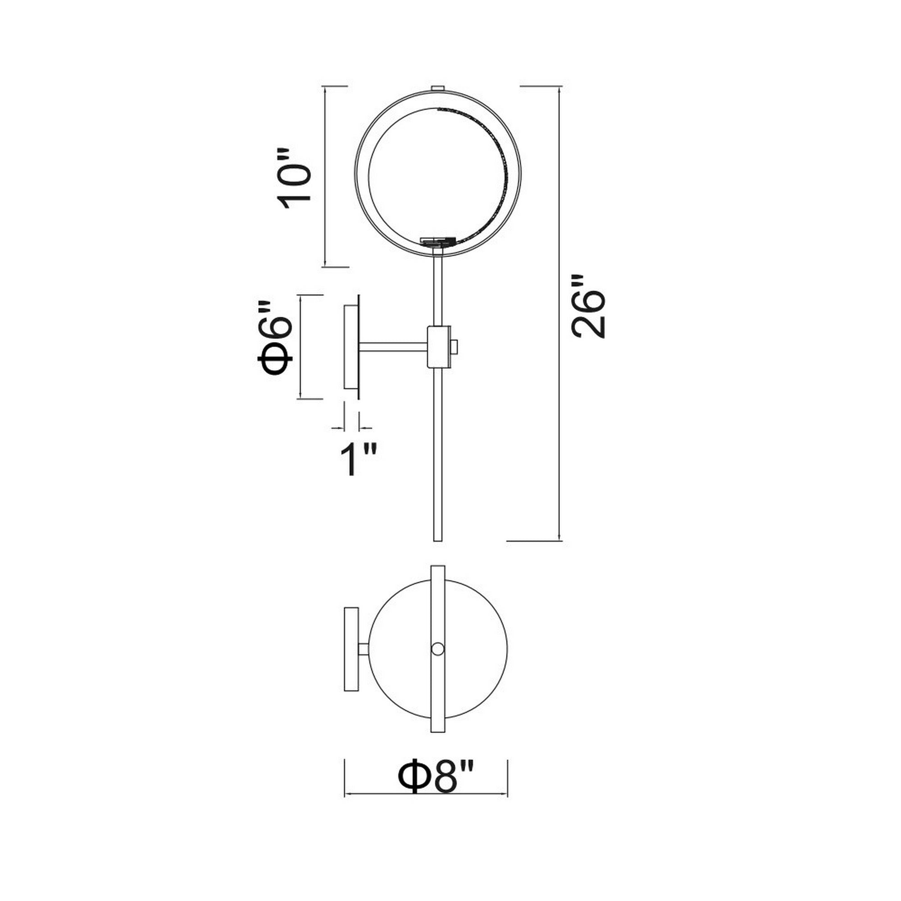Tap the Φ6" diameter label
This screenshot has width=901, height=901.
(275, 339)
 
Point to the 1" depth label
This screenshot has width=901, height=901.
(357, 460)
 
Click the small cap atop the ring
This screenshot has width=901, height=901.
(437, 88)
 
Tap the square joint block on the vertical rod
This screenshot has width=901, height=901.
(439, 347)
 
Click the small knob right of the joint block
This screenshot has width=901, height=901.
(455, 346)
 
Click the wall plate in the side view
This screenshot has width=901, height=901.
(350, 347)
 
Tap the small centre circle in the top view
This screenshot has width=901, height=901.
(437, 649)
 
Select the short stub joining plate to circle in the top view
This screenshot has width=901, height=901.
(364, 649)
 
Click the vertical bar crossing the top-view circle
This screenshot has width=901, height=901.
(437, 606)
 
